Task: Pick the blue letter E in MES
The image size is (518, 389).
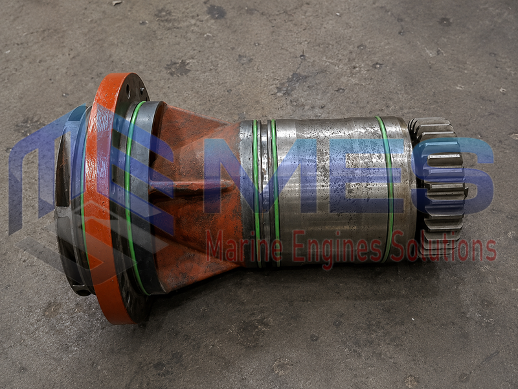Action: (356, 176)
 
